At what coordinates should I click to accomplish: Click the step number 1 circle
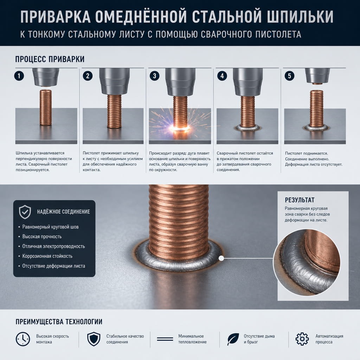point(19,76)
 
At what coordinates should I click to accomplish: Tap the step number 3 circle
point(154,76)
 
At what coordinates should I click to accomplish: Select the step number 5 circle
point(289,76)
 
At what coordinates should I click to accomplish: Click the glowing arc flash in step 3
point(180,128)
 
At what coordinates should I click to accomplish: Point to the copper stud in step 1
point(46,108)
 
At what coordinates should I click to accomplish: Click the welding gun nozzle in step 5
point(317,76)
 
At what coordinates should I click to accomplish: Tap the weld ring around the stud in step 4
point(247,128)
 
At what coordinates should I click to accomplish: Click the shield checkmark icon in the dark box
point(25,212)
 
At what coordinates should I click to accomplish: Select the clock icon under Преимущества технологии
point(23,339)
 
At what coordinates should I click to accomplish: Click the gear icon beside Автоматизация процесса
point(302,339)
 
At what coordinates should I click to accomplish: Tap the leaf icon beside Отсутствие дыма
point(233,339)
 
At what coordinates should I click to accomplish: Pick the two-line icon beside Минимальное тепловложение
point(165,339)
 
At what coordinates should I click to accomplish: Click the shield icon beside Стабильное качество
point(94,339)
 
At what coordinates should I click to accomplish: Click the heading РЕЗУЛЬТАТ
point(300,200)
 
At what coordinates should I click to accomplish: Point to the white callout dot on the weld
point(221,258)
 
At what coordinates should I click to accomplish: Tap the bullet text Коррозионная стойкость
point(47,256)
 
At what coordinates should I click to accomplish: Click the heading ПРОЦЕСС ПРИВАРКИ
point(50,59)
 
